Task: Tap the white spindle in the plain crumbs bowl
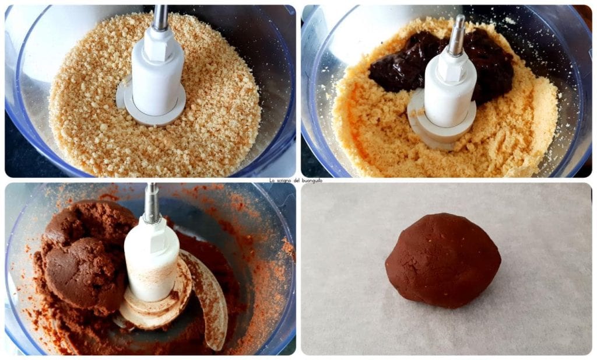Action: coord(157,72)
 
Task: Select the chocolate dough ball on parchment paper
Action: coord(443,261)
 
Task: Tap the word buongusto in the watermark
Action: coord(312,180)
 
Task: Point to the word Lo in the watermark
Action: coord(272,180)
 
